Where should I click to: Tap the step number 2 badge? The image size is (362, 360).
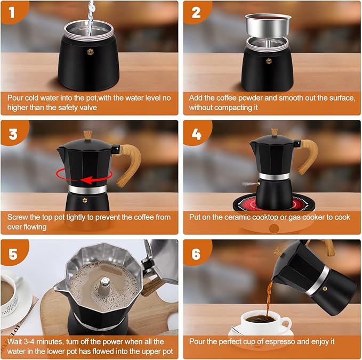(x=196, y=12)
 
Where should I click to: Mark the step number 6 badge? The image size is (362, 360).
(x=196, y=254)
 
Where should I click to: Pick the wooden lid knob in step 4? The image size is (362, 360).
(x=275, y=132)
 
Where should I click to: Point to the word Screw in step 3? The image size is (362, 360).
(x=19, y=217)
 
